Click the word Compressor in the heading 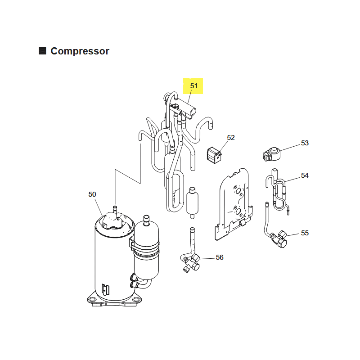click(x=80, y=51)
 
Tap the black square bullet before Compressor click(x=42, y=51)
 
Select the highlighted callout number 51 click(x=194, y=86)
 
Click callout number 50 click(x=92, y=194)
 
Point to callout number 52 click(x=231, y=138)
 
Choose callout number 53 click(x=305, y=143)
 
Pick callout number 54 click(x=305, y=175)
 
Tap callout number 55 click(x=305, y=233)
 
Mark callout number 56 click(x=220, y=257)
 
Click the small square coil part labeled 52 click(x=215, y=155)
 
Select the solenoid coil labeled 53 click(x=271, y=154)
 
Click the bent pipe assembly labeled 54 click(x=277, y=192)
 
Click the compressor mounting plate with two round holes click(x=234, y=205)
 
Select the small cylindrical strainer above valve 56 click(x=192, y=203)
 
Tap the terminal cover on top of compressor click(x=114, y=221)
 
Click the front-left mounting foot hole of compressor click(x=92, y=299)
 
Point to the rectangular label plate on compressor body click(x=106, y=290)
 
